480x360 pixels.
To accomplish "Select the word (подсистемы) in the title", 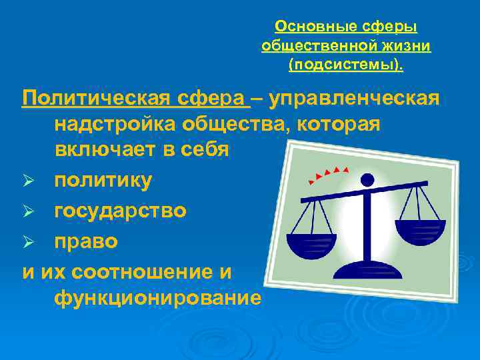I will (x=345, y=65).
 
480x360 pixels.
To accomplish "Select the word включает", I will (x=107, y=149).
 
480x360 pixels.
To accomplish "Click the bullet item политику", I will (x=103, y=181).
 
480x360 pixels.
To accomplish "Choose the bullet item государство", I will (x=121, y=211).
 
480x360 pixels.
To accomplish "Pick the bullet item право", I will (x=86, y=241).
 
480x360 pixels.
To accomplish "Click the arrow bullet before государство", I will (x=29, y=211).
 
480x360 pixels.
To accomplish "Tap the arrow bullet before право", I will (x=29, y=241).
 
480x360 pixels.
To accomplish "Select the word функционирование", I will (x=157, y=297).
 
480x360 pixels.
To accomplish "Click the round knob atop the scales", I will (x=367, y=179).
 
